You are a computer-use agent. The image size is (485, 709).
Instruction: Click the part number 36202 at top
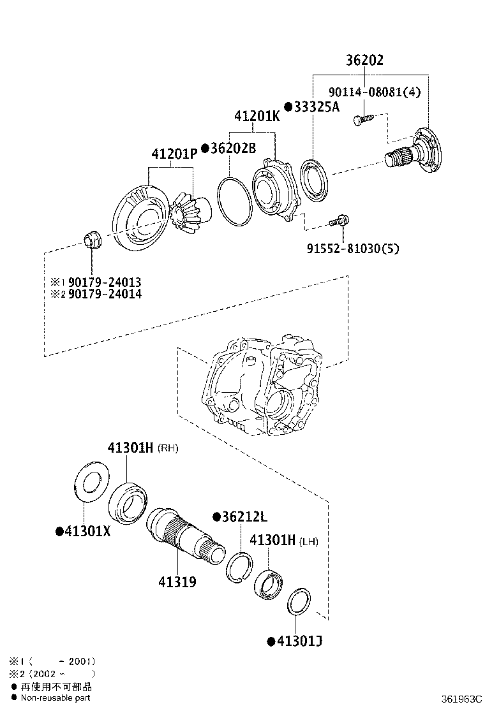(x=364, y=61)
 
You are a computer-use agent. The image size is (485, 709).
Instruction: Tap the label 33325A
(x=316, y=107)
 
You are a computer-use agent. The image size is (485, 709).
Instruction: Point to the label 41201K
(x=257, y=117)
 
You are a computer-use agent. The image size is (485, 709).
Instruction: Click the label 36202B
(x=232, y=148)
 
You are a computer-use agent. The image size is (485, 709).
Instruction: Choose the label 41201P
(x=174, y=154)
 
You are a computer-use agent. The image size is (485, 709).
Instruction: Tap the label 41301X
(x=86, y=531)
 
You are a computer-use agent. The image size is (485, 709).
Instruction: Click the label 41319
(x=177, y=581)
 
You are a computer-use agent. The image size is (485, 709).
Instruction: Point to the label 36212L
(x=244, y=516)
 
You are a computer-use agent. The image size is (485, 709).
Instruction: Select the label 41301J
(x=298, y=641)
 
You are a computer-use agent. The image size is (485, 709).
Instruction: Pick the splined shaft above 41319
(x=184, y=530)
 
